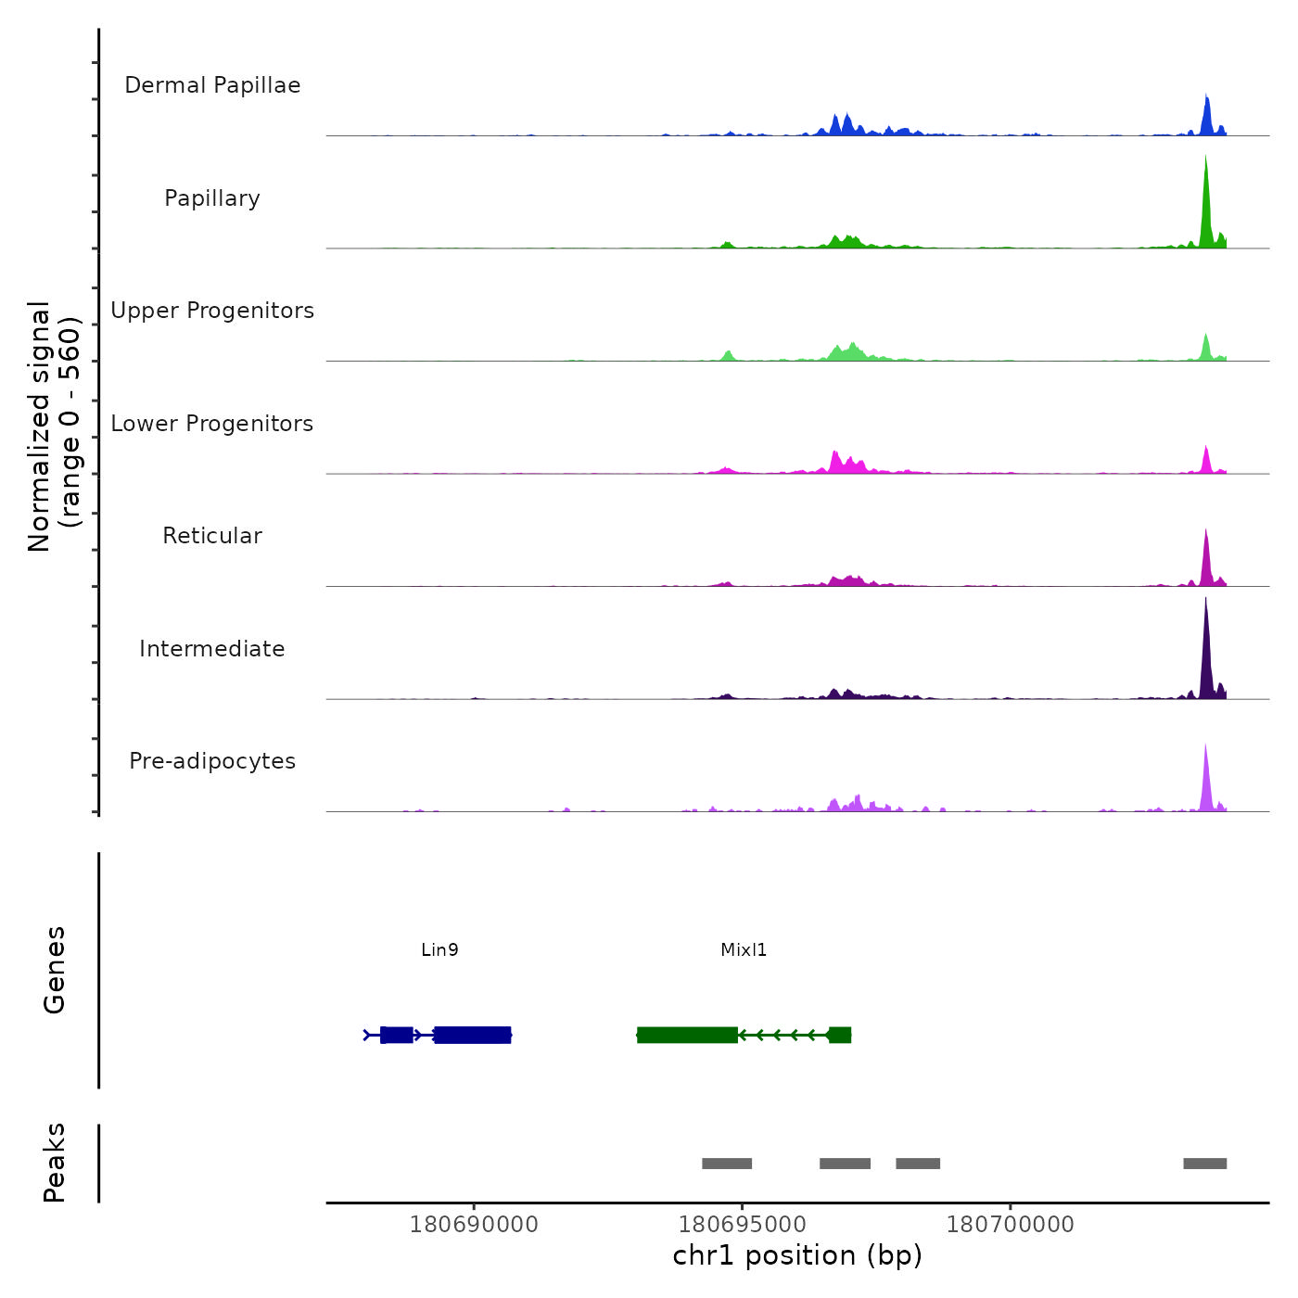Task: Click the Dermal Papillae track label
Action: point(212,85)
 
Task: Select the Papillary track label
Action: point(212,198)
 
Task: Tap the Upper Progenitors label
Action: point(212,311)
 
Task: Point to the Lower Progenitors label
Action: point(212,424)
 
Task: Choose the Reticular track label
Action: point(212,536)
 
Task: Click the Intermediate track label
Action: point(212,649)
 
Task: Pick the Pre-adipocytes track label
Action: point(212,761)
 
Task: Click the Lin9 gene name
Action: point(439,950)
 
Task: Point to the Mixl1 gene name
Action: point(744,950)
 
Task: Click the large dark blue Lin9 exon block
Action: point(472,1035)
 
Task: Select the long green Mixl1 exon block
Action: point(687,1035)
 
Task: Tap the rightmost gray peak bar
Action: point(1204,1164)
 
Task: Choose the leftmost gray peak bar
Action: point(727,1164)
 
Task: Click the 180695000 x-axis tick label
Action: point(743,1225)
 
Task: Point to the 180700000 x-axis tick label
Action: point(1011,1225)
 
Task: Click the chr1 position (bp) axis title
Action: point(797,1256)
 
